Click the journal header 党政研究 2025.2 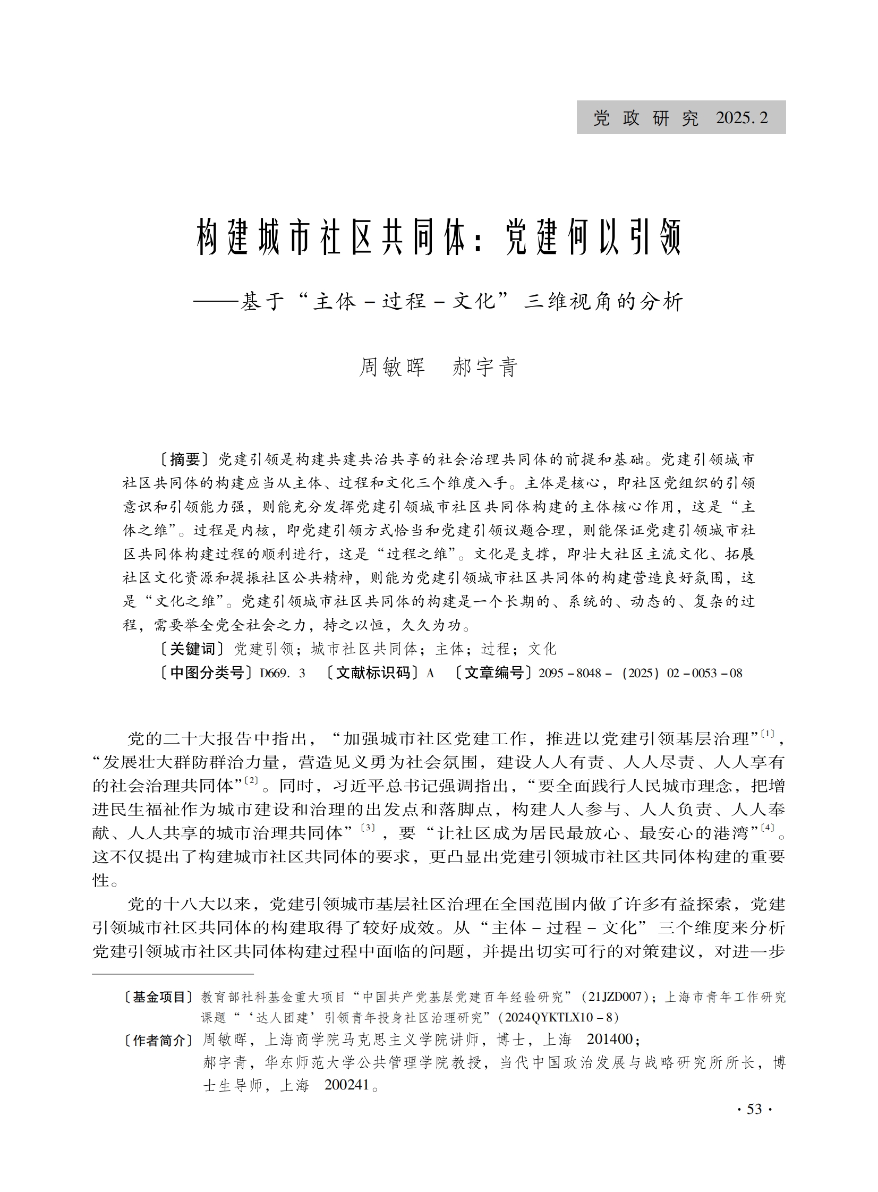coord(680,117)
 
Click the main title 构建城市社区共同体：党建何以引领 coord(438,237)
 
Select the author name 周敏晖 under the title coord(391,367)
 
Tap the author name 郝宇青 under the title coord(485,367)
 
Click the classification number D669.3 coord(282,674)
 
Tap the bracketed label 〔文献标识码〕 coord(374,673)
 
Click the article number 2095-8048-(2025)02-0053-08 coord(640,674)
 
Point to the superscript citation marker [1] coord(768,734)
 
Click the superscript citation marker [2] coord(251,781)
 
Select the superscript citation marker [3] coord(368,828)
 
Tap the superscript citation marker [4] coord(768,828)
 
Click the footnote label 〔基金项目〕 coord(158,997)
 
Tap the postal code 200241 coord(346,1085)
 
